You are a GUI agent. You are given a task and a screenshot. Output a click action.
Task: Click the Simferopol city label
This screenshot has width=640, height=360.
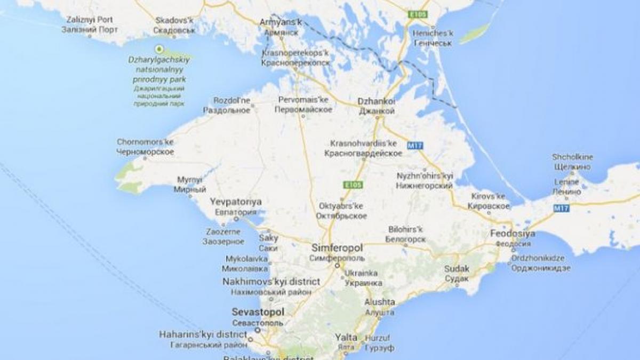(337, 249)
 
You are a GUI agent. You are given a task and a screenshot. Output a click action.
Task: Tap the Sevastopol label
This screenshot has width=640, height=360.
(258, 312)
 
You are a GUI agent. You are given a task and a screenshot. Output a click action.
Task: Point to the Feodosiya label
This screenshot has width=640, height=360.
(512, 234)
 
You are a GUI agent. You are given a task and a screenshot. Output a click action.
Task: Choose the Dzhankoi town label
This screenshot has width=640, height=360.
(377, 101)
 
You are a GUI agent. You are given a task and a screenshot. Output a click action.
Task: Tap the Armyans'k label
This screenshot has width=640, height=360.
(281, 22)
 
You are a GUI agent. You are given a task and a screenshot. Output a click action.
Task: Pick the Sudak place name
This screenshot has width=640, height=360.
(457, 269)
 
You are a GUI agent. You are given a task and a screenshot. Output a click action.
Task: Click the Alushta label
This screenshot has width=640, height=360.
(380, 302)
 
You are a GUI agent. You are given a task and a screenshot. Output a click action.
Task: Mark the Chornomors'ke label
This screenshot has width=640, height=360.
(145, 142)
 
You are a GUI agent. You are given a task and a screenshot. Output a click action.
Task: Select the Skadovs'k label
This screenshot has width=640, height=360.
(173, 20)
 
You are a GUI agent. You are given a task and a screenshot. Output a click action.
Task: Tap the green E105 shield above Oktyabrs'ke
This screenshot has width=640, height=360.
(352, 185)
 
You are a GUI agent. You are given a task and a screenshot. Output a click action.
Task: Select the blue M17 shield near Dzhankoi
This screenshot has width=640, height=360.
(414, 145)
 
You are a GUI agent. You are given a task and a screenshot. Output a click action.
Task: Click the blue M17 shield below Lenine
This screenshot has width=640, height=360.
(562, 208)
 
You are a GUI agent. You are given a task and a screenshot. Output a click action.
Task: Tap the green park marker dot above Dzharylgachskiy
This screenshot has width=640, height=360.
(158, 49)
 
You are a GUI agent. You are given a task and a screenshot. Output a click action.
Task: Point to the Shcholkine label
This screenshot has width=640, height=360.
(573, 157)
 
